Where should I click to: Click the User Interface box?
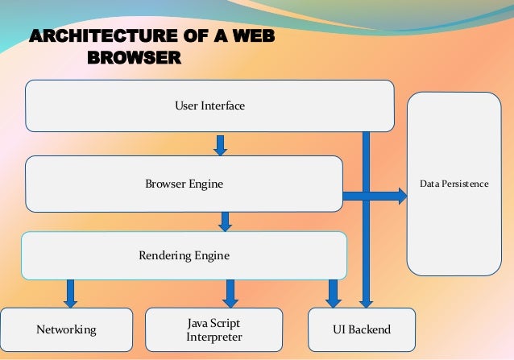coord(209,106)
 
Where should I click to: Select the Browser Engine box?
coord(184,184)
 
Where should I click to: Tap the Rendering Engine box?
coord(184,256)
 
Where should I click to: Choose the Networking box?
coord(66,330)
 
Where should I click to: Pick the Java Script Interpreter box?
coord(213,329)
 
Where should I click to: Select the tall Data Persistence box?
coord(454,184)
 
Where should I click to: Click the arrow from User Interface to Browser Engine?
coord(220,145)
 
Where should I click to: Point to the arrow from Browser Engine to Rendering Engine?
coord(225,221)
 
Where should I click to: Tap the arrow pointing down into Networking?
coord(71,293)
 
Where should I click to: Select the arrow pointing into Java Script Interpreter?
coord(230,293)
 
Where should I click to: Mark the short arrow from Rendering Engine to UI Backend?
coord(334,293)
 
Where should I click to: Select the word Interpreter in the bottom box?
coord(214,337)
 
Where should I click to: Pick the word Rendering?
coord(164,256)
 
